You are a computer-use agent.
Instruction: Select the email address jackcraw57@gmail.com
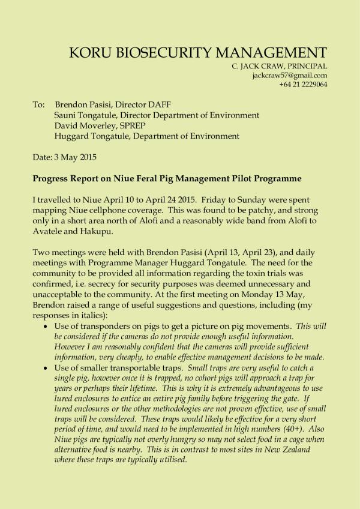tap(290, 76)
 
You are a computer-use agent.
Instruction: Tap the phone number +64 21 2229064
tap(303, 85)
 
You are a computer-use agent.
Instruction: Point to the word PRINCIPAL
tap(306, 66)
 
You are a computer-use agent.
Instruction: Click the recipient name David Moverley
tap(84, 125)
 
